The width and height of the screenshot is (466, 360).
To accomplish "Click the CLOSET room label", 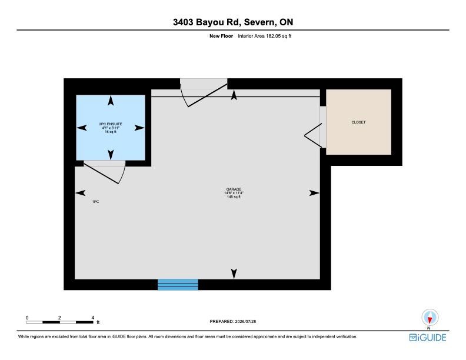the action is (x=358, y=122).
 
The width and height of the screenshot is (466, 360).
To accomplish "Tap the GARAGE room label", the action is (x=234, y=189).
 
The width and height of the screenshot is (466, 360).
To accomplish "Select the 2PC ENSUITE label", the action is (x=111, y=124).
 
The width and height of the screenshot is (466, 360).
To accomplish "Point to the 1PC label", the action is (x=95, y=202).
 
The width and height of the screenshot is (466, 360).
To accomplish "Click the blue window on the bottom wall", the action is (x=178, y=285).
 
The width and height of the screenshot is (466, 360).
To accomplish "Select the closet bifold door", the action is (x=313, y=135).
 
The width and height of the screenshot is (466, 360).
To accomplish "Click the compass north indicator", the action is (x=430, y=318).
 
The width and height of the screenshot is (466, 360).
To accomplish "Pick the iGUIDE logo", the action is (x=428, y=338).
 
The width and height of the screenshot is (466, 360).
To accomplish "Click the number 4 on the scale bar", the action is (x=93, y=318).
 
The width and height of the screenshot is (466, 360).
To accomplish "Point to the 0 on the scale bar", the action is (x=27, y=318).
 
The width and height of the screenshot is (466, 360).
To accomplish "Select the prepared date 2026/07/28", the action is (x=245, y=321).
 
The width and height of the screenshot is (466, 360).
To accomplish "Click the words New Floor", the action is (x=221, y=36).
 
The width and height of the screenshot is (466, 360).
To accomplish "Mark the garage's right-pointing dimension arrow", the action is (x=314, y=193).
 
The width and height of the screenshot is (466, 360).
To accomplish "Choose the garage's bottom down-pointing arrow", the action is (x=234, y=274).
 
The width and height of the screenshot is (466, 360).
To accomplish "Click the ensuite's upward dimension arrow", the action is (x=111, y=101).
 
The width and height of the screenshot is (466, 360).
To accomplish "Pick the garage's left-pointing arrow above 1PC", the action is (x=80, y=193).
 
